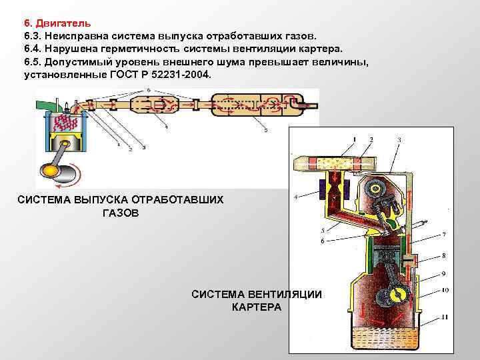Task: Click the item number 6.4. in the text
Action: point(33,48)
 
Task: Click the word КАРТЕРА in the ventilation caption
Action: point(257,307)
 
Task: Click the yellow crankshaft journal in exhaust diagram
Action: point(50,171)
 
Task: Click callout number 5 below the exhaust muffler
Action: point(266,131)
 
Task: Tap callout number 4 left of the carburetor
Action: point(295,196)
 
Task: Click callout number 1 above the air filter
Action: point(355,139)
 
